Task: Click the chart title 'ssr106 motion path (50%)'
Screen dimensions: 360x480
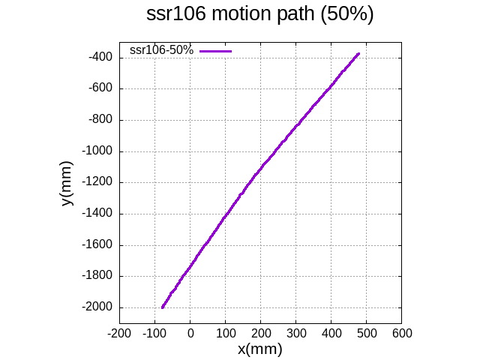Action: tap(259, 15)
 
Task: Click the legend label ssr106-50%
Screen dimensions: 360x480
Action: tap(161, 50)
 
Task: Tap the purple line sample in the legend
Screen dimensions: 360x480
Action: tap(216, 51)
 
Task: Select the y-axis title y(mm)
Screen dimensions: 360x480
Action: tap(67, 182)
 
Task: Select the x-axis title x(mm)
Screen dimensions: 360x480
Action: tap(259, 349)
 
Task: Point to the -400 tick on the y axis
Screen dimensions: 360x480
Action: tap(100, 57)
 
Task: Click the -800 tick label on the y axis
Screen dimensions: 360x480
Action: tap(100, 119)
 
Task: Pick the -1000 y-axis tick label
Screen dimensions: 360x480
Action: tap(97, 151)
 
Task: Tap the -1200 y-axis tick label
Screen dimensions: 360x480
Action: tap(97, 182)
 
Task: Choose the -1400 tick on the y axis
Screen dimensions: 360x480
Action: tap(97, 214)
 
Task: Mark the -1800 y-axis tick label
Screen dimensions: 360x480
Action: tap(97, 276)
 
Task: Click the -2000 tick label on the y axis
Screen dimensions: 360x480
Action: tap(97, 307)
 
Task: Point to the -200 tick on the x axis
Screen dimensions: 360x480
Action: tap(119, 333)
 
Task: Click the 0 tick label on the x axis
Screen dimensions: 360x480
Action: tap(190, 333)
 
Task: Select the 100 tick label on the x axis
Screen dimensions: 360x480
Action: tap(226, 333)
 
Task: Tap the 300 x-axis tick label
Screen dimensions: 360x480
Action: tap(296, 333)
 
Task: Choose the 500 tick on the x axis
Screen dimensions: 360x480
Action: tap(367, 333)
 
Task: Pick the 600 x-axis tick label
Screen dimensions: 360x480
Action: tap(402, 333)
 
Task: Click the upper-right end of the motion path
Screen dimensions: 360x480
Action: tap(358, 54)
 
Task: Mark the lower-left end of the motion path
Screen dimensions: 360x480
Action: tap(162, 307)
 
